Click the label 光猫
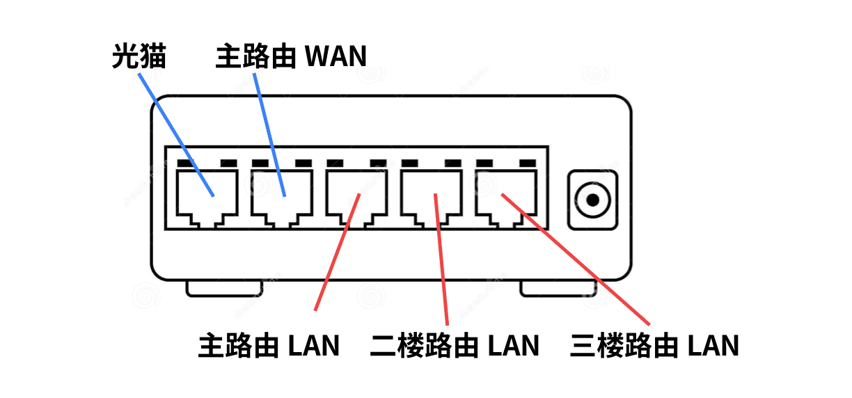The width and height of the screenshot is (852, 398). pyautogui.click(x=139, y=56)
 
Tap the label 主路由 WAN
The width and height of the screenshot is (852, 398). pyautogui.click(x=291, y=56)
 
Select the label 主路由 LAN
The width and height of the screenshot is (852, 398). pyautogui.click(x=269, y=345)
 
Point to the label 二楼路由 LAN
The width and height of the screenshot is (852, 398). pyautogui.click(x=455, y=345)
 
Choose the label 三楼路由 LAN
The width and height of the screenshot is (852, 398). pyautogui.click(x=654, y=345)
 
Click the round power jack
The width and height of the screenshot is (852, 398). pyautogui.click(x=592, y=200)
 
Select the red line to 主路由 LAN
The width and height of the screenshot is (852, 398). pyautogui.click(x=337, y=254)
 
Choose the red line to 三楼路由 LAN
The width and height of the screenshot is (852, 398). pyautogui.click(x=578, y=261)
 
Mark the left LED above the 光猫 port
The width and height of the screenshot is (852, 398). pyautogui.click(x=185, y=164)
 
